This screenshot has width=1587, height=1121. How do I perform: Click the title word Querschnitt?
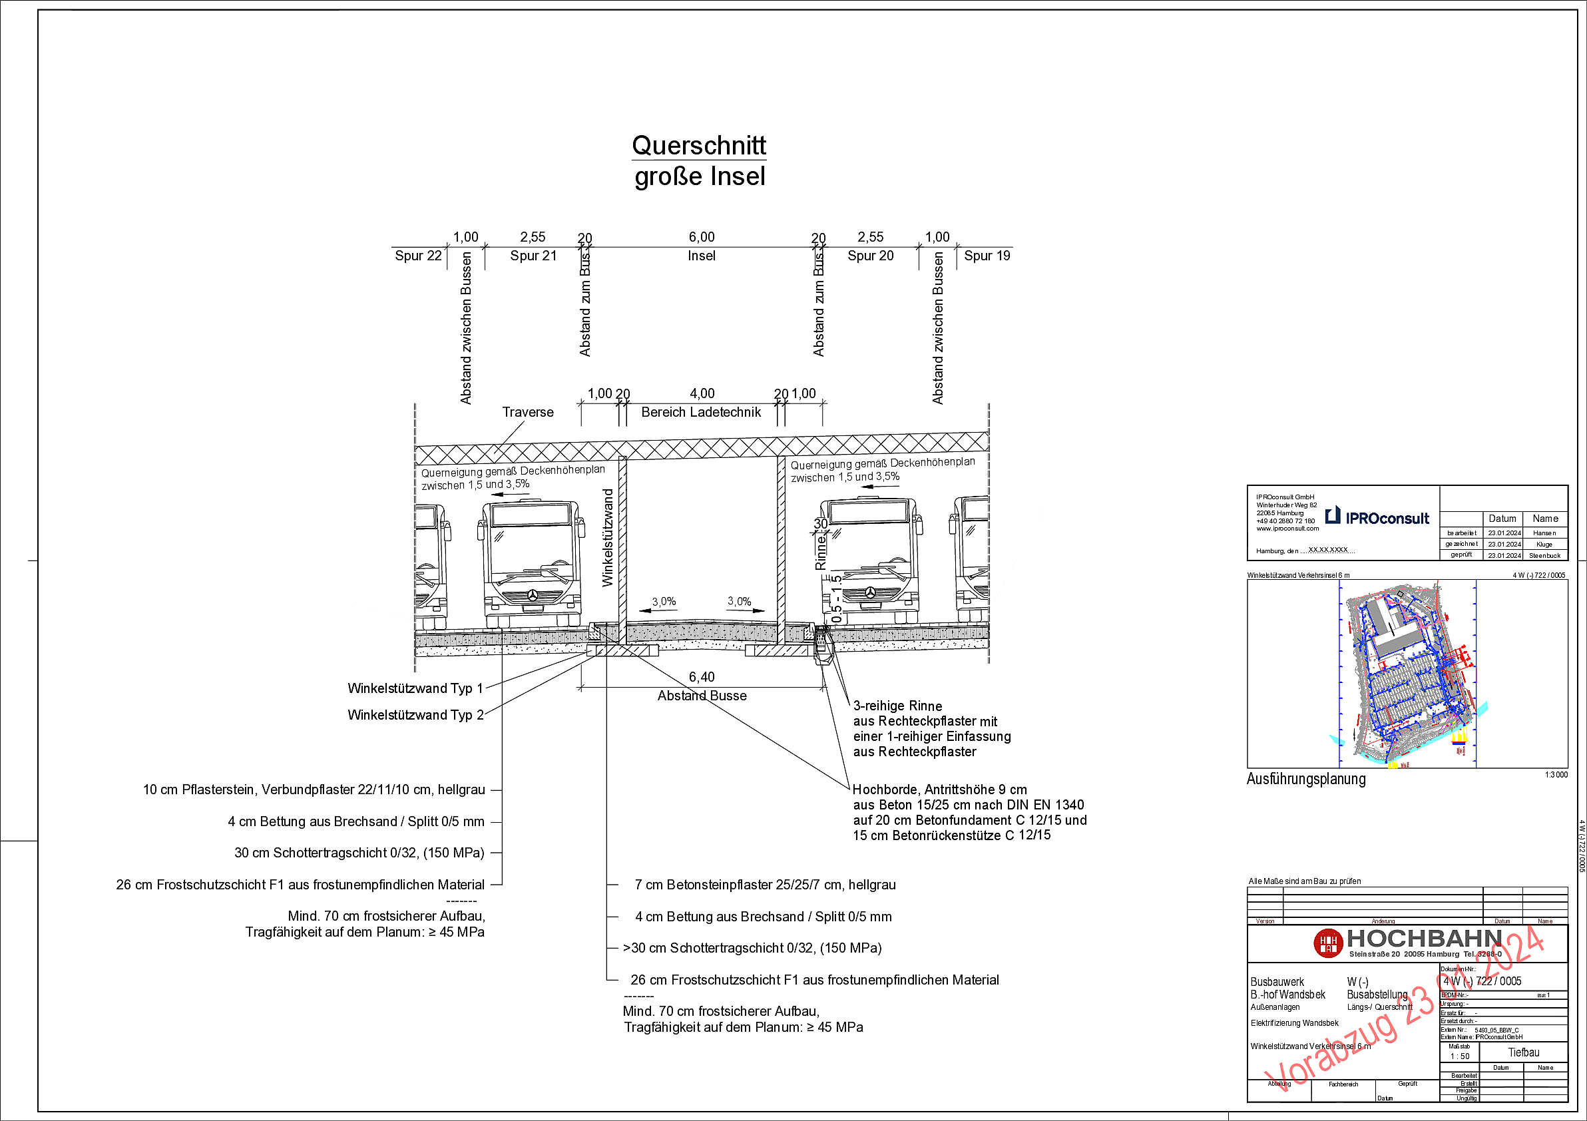pos(699,146)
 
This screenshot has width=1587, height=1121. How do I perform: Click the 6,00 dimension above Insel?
pos(702,237)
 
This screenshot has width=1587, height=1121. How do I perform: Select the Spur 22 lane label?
pos(417,256)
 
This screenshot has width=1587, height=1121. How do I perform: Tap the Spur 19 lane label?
pos(987,256)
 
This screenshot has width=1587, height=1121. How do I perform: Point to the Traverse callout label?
pos(527,412)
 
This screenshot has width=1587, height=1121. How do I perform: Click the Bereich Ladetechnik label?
pos(701,412)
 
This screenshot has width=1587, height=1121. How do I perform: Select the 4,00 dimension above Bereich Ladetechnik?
pos(702,393)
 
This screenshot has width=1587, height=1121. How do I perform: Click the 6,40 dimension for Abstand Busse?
pos(702,677)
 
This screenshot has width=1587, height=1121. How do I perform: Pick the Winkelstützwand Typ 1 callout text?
pos(415,688)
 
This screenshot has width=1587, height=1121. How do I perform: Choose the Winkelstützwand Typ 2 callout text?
pos(415,715)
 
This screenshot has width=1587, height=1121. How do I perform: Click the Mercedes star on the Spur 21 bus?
pos(533,595)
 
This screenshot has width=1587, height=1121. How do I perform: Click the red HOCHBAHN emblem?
pos(1328,943)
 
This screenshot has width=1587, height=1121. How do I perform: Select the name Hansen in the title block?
pos(1544,533)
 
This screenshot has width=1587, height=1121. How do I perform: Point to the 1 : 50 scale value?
pos(1460,1056)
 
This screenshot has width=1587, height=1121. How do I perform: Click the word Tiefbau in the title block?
pos(1523,1052)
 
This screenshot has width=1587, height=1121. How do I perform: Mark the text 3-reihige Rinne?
pos(897,706)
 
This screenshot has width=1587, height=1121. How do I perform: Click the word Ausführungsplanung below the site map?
pos(1305,779)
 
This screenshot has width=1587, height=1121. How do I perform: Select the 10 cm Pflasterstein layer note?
pos(314,789)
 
